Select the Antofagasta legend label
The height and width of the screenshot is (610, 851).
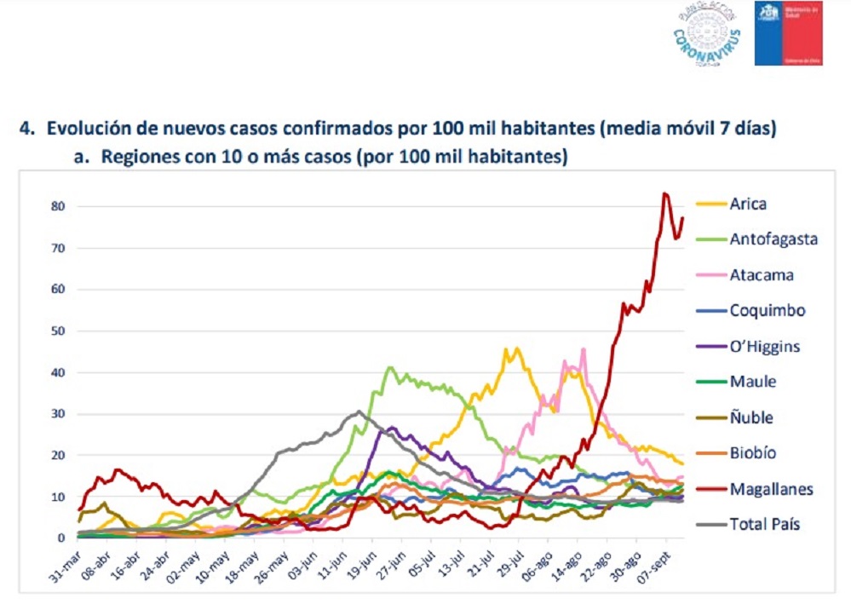[x=773, y=239]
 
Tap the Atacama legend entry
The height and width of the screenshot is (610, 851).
[x=762, y=275]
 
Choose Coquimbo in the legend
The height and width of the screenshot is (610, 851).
[x=767, y=311]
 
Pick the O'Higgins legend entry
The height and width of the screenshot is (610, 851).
[x=765, y=347]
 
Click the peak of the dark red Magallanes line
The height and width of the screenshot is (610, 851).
[x=665, y=194]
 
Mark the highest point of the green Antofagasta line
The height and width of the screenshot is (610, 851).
[x=389, y=367]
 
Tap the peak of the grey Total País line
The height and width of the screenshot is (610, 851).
[x=359, y=411]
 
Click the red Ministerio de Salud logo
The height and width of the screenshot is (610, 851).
[x=788, y=33]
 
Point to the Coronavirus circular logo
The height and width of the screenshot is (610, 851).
[x=706, y=33]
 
